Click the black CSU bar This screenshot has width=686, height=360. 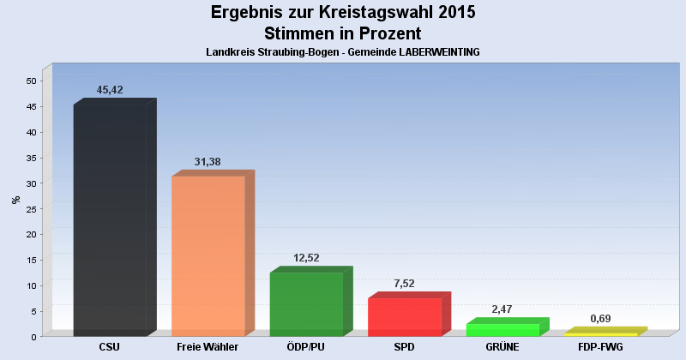click(x=110, y=220)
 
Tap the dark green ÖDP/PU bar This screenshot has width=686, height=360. click(x=306, y=303)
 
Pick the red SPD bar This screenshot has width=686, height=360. click(x=405, y=316)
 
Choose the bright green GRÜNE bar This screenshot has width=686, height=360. click(x=502, y=330)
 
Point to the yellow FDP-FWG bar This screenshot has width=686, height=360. click(x=600, y=333)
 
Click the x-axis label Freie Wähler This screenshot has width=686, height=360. click(x=208, y=347)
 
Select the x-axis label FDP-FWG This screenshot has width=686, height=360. click(x=600, y=347)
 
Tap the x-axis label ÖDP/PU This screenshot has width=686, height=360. click(x=306, y=347)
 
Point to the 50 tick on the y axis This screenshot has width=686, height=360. click(x=31, y=81)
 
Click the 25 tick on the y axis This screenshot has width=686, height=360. click(x=31, y=208)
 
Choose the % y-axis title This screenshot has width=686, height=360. click(x=15, y=200)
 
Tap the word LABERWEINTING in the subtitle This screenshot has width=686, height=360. click(x=430, y=52)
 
